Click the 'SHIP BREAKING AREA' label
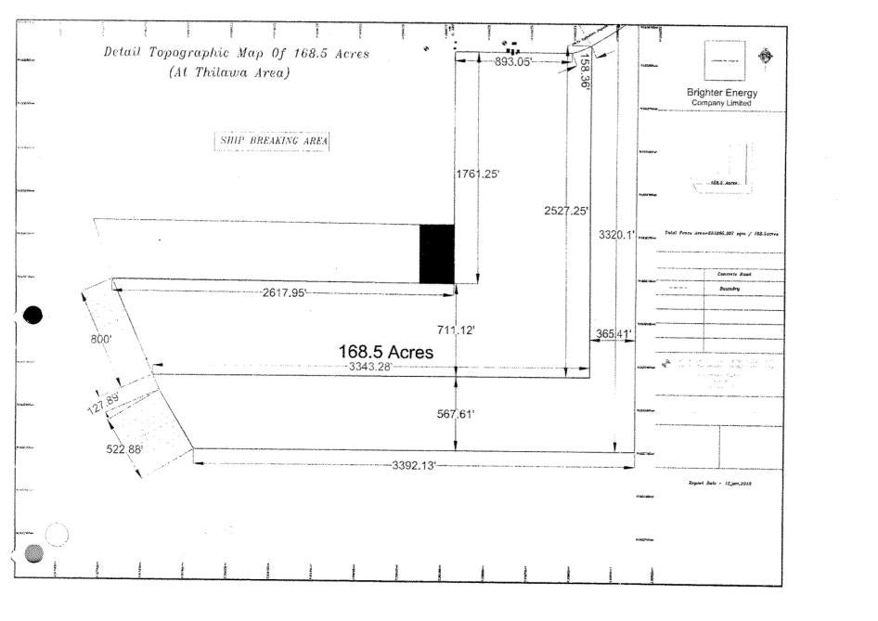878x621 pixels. point(272,141)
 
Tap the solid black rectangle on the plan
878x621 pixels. point(437,253)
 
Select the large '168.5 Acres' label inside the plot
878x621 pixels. point(386,353)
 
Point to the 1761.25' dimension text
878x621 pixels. point(478,174)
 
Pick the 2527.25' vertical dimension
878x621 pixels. point(565,211)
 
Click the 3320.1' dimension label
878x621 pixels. point(616,235)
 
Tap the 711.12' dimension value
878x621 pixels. point(456,330)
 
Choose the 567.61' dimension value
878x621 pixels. point(456,414)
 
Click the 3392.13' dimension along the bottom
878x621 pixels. point(414,464)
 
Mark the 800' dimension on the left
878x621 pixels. point(100,340)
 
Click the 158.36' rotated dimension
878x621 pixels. point(584,70)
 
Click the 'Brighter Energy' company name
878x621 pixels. point(721,92)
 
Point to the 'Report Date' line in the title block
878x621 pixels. point(719,484)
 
